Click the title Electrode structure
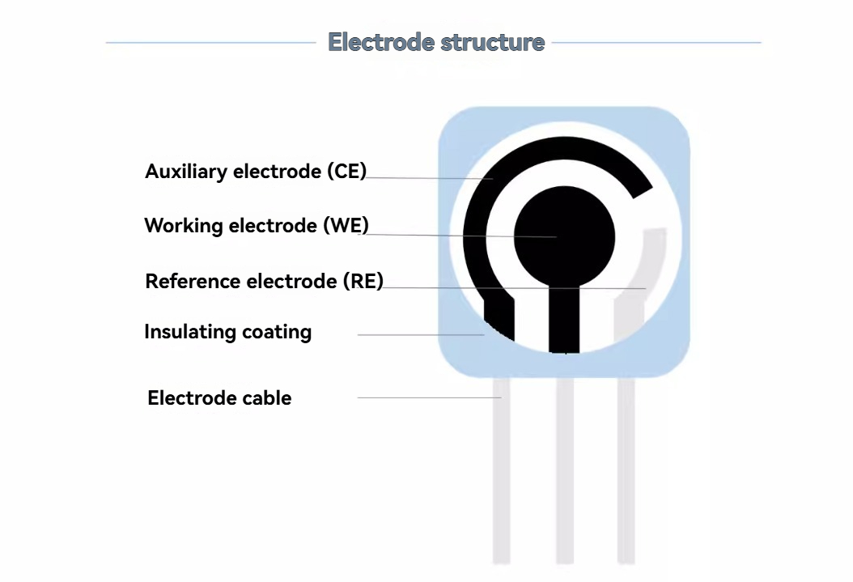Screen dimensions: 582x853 (436, 42)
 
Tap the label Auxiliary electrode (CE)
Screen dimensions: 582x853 (256, 172)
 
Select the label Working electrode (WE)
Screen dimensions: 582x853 (256, 226)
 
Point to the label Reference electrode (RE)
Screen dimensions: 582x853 (264, 282)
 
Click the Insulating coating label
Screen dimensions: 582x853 (227, 332)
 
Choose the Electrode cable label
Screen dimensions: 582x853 (219, 398)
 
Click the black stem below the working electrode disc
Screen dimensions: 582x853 (564, 316)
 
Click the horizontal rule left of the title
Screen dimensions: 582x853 (210, 42)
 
